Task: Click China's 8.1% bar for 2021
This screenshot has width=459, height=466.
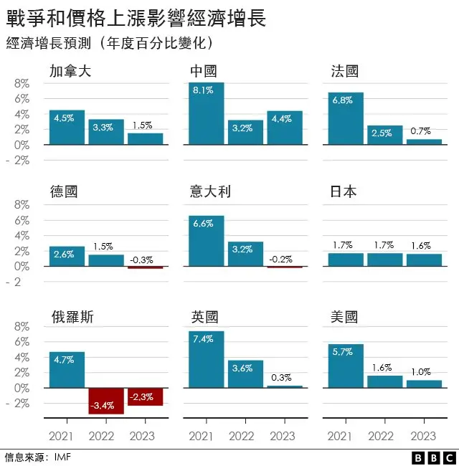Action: point(207,113)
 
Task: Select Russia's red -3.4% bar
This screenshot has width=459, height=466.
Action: point(106,401)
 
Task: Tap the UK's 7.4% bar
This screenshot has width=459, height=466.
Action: point(207,359)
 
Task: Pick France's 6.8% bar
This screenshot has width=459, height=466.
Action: point(346,118)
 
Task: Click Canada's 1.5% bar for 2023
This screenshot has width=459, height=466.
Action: point(146,138)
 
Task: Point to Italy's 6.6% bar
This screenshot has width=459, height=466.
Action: point(207,241)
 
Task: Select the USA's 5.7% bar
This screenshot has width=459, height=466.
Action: point(346,366)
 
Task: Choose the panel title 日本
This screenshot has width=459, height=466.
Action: point(344,192)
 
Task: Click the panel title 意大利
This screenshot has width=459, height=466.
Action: point(210,192)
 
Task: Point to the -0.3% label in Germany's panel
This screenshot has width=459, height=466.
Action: point(146,260)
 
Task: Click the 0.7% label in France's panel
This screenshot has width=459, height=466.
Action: point(420,131)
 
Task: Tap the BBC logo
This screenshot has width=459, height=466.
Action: point(433,457)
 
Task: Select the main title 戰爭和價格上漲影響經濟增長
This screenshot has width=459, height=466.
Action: point(136,19)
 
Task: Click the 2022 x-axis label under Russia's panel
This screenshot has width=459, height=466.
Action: point(106,436)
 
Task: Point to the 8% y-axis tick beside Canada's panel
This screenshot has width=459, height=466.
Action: point(22,83)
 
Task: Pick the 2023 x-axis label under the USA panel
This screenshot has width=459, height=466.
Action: point(424,436)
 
